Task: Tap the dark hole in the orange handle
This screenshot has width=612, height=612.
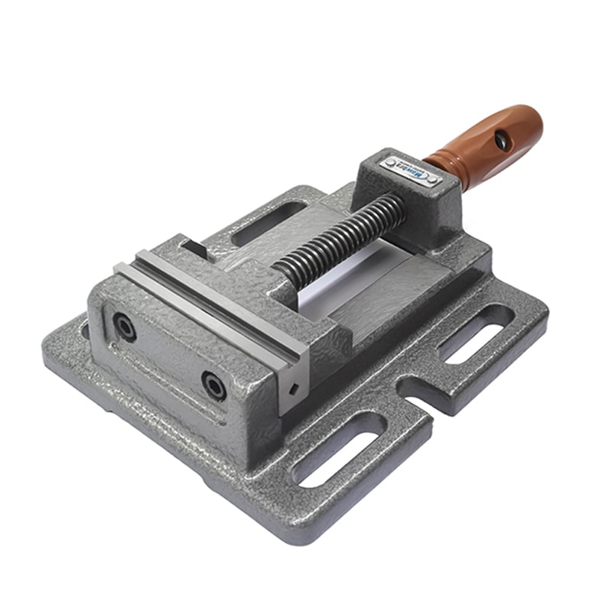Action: [x=502, y=140]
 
